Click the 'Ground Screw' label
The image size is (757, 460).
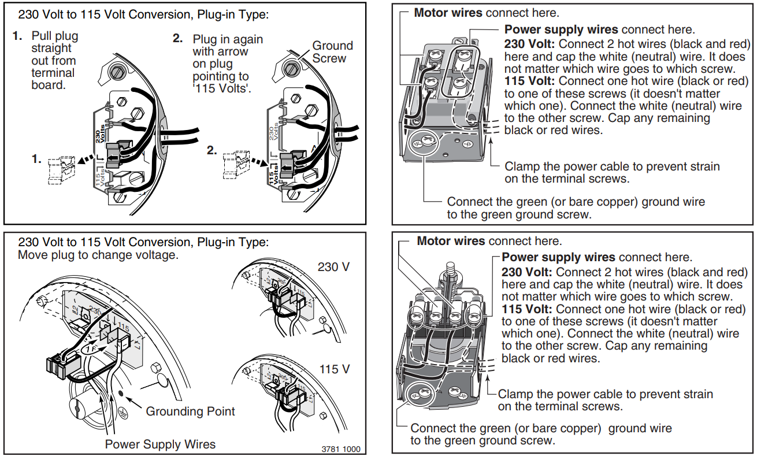coord(332,52)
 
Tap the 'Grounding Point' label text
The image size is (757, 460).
coord(190,411)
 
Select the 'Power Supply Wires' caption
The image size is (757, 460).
coord(160,444)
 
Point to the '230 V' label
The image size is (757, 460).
coord(334,268)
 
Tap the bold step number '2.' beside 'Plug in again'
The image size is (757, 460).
coord(179,39)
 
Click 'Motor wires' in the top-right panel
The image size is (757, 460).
coord(448,13)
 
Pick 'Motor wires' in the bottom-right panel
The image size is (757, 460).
coord(451,241)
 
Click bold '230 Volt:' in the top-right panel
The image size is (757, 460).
coord(529,44)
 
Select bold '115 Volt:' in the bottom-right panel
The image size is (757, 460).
coord(526,309)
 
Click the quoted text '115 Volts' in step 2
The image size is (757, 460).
coord(222,88)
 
